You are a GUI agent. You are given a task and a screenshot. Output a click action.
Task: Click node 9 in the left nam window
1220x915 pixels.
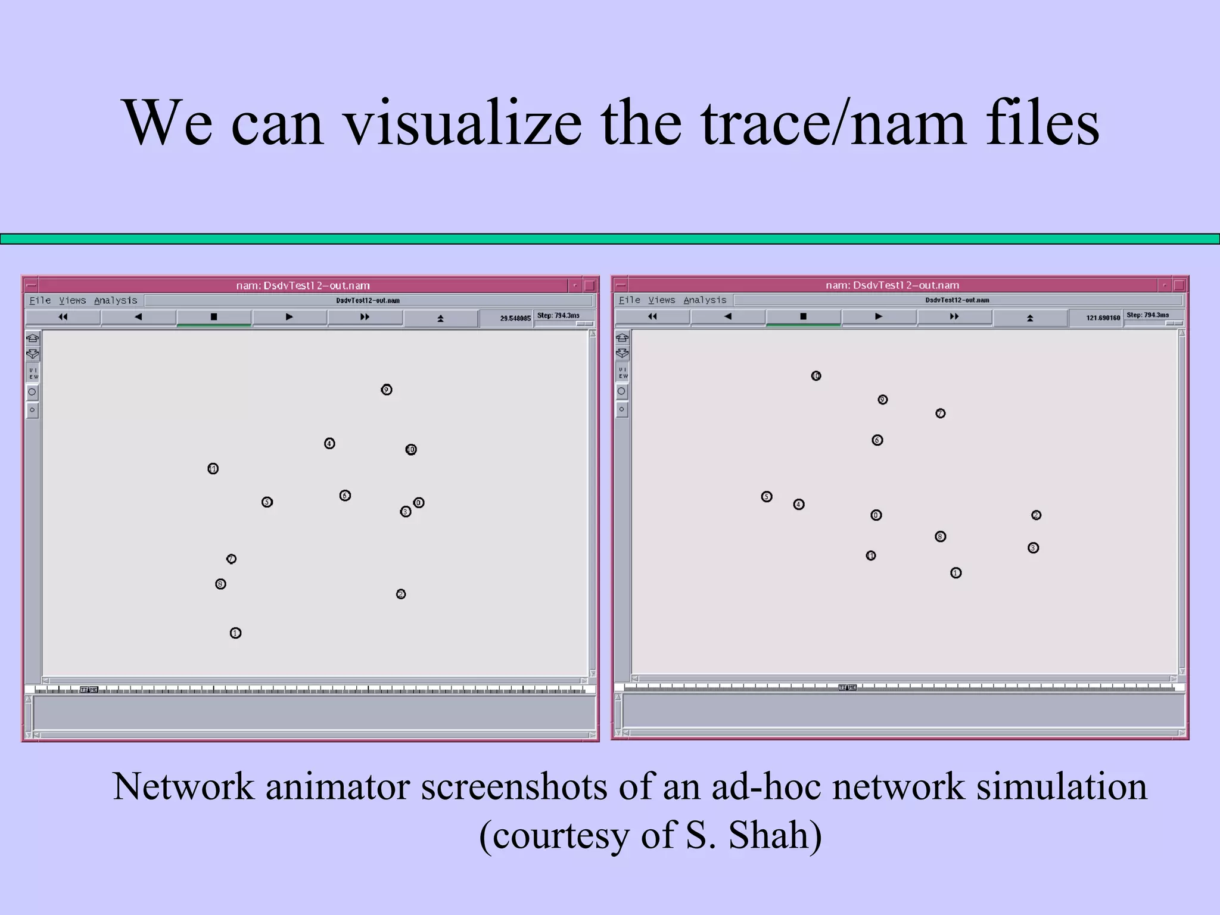387,390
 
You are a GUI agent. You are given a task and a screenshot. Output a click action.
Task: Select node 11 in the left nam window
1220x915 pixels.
213,469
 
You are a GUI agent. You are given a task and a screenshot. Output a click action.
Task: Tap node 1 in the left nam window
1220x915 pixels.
235,633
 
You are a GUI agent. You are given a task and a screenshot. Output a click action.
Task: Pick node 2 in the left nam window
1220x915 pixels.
401,594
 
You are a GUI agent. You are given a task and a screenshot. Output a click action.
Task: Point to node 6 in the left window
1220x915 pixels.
345,496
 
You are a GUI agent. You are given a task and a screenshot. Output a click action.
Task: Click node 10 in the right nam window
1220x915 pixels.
816,376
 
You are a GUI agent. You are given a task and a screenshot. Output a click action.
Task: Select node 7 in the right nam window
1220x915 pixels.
941,413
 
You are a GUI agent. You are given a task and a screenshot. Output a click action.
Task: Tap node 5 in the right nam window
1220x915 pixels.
767,497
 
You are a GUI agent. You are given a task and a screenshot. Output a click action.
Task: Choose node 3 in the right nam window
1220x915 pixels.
1034,548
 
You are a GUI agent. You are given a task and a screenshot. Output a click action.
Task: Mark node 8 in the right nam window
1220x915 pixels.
941,537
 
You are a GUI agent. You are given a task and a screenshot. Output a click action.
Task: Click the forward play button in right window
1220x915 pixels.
879,317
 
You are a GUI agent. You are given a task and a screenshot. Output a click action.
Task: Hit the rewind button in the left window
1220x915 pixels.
63,318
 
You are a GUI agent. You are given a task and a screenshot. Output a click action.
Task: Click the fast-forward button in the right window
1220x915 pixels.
954,317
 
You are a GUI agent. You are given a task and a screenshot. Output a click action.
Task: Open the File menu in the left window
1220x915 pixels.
40,301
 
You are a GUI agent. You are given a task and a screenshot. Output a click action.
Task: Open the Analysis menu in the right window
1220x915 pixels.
705,300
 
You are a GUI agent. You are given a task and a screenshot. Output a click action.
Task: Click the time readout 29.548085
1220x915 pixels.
515,319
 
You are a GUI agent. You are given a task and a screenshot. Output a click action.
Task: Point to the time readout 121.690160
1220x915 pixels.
1103,318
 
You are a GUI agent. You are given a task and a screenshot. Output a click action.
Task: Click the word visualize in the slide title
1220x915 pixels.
463,123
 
